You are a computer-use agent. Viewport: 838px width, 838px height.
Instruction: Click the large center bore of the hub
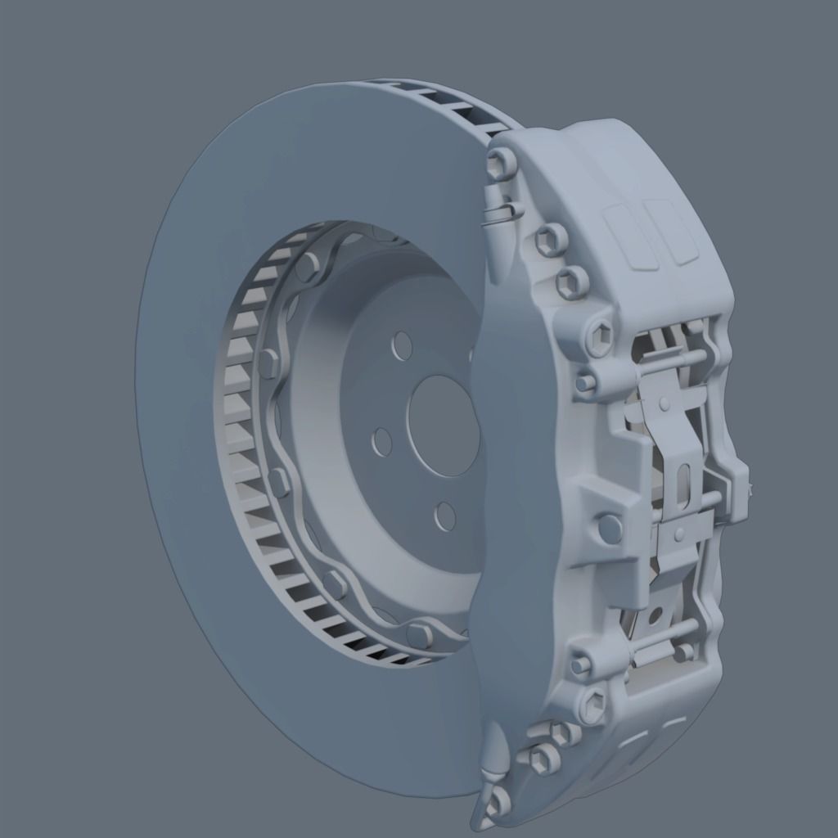click(443, 426)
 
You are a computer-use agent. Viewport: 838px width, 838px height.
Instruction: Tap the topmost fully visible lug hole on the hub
click(402, 346)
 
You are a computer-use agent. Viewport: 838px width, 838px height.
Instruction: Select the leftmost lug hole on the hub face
click(381, 443)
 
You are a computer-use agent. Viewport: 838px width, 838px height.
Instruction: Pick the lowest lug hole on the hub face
click(445, 516)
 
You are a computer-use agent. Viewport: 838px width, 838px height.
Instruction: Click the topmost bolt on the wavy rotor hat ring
click(308, 268)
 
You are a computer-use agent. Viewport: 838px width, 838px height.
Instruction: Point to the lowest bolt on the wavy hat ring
click(419, 634)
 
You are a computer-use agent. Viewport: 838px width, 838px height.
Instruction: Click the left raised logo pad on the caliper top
click(628, 237)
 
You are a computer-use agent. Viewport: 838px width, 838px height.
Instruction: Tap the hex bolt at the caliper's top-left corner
click(501, 164)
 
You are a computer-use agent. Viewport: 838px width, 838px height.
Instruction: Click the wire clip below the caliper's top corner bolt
click(501, 212)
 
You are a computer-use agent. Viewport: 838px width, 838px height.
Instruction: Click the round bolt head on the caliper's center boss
click(610, 528)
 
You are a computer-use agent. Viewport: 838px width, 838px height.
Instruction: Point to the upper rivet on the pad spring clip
click(665, 403)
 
